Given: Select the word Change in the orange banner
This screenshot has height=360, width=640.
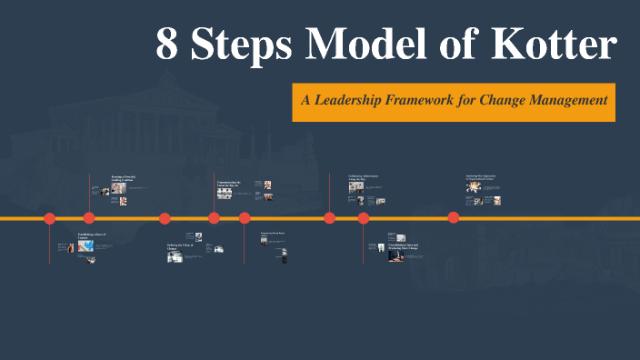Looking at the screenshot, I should tap(515, 100).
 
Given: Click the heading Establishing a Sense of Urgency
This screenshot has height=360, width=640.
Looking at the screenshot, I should tap(91, 236).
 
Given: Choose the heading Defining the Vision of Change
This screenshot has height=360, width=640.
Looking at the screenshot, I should tap(179, 247).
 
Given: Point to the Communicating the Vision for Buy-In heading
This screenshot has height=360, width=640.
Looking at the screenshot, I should tap(229, 185).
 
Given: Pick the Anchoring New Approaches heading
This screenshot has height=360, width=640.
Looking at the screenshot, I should tap(484, 175).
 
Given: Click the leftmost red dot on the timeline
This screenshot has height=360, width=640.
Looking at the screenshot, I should tap(50, 218).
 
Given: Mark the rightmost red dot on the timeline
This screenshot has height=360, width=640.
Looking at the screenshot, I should tap(454, 217).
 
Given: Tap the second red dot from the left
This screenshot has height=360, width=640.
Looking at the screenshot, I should tap(89, 218).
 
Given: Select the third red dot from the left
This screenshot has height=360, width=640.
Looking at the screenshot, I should tap(165, 218).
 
